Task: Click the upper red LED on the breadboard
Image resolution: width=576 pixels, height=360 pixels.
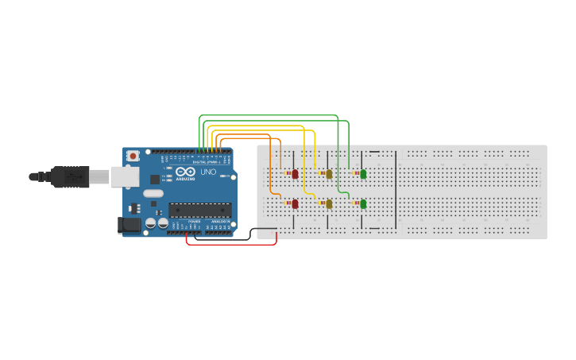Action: tap(295, 173)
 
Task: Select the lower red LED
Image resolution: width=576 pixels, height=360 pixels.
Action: tap(295, 203)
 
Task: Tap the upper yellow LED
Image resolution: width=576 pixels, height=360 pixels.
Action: tap(329, 173)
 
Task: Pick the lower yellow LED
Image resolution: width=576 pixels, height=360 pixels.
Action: tap(329, 203)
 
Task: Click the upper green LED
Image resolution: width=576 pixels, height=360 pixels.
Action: tap(363, 173)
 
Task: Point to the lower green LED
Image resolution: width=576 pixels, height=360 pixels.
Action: tap(363, 203)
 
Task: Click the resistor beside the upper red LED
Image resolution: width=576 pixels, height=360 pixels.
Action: tap(288, 173)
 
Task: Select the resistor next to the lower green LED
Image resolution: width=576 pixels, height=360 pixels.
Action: tap(356, 203)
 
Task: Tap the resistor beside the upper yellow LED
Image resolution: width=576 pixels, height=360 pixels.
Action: tap(322, 173)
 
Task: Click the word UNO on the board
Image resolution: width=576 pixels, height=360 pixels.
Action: tap(207, 172)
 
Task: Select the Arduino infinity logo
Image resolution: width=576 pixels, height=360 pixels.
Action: tap(186, 172)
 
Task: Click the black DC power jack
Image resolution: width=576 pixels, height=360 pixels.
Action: tap(129, 226)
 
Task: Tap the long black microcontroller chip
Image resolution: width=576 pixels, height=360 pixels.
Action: tap(199, 210)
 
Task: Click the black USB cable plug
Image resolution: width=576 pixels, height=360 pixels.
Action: tap(70, 176)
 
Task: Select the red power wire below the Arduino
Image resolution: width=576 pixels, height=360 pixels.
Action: tap(230, 244)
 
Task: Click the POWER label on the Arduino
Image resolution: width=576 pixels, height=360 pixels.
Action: tap(195, 222)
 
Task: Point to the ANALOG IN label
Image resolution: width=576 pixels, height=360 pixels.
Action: tap(220, 222)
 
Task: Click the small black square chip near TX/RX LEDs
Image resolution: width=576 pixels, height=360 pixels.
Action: tap(155, 180)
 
